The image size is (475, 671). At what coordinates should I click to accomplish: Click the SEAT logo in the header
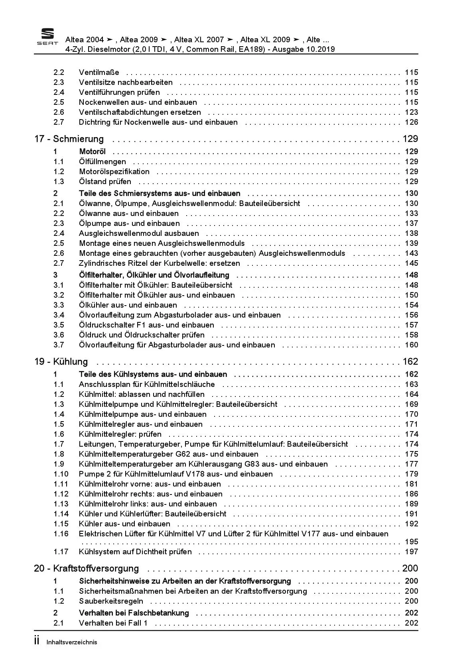(47, 37)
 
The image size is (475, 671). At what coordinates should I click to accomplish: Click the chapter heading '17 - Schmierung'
(69, 139)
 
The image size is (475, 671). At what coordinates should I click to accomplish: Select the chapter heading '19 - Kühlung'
(61, 362)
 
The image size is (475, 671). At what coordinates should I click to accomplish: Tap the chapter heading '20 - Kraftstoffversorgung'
(87, 569)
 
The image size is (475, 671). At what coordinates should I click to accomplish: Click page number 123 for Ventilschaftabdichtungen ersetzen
(411, 112)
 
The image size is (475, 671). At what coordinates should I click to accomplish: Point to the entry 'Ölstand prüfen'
(105, 182)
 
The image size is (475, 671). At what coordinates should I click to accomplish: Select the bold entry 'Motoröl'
(92, 152)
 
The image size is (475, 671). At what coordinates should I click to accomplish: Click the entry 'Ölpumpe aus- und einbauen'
(129, 224)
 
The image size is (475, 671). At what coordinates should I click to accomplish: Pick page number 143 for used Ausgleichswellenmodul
(411, 253)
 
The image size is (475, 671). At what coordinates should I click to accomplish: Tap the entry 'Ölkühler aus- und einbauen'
(128, 305)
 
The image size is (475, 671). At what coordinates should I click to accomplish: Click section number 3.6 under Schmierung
(59, 335)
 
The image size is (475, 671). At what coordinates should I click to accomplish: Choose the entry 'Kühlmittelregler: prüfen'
(120, 434)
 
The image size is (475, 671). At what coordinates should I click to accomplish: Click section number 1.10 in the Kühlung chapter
(61, 474)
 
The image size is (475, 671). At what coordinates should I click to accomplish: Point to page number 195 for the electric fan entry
(411, 542)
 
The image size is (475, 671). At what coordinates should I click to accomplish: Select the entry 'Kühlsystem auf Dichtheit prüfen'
(135, 552)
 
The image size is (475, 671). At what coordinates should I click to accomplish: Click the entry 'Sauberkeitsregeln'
(111, 601)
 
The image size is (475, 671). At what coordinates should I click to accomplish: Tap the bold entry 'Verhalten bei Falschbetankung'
(134, 613)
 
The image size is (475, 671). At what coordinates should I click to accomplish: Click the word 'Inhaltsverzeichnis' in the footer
(72, 642)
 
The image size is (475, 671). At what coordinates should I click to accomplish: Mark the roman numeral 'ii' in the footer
(37, 641)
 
